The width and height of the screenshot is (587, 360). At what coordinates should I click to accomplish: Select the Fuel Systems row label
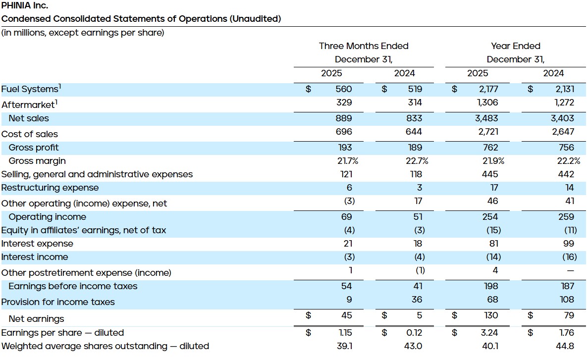(30, 89)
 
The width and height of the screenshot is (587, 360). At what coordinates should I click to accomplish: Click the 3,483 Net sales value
(486, 118)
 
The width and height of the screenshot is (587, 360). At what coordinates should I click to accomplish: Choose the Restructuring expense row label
(50, 188)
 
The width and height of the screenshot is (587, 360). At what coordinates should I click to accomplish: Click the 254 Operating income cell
(489, 217)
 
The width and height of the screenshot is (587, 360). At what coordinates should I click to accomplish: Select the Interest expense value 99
(569, 244)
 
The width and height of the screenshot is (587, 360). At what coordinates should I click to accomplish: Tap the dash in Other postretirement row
(570, 271)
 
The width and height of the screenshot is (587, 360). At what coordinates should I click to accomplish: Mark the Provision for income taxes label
(58, 302)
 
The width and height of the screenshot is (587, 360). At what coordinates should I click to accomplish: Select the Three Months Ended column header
(364, 46)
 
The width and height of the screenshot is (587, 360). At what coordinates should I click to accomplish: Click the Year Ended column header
(515, 46)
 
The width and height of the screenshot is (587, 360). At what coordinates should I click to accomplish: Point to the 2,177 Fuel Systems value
(486, 89)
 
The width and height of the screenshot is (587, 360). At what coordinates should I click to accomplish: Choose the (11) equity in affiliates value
(570, 230)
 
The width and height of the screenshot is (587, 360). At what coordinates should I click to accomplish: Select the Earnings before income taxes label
(73, 286)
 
